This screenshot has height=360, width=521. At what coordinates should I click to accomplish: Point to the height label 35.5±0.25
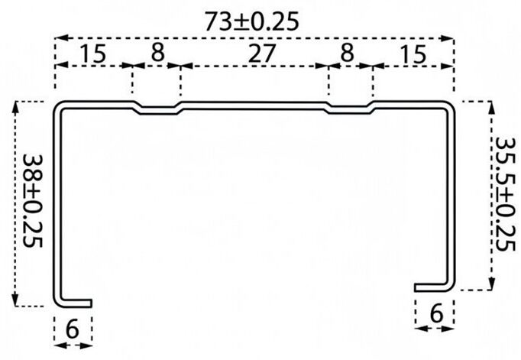click(x=505, y=195)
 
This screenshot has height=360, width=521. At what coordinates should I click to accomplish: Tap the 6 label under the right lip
click(x=435, y=312)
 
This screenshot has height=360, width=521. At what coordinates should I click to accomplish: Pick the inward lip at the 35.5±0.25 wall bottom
click(x=433, y=287)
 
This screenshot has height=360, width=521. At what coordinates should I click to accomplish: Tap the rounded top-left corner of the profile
click(x=58, y=105)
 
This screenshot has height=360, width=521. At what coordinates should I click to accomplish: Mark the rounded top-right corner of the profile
click(x=450, y=105)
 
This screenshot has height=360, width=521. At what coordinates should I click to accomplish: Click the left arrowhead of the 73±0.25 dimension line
click(x=59, y=37)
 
